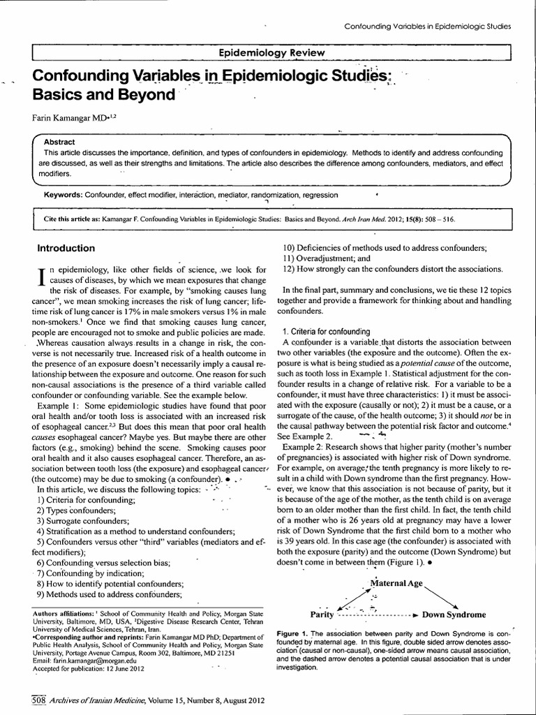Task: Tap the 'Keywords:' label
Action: coord(63,195)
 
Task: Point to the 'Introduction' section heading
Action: coord(66,248)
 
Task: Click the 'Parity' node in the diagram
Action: coord(322,614)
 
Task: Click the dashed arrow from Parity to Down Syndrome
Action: coord(377,615)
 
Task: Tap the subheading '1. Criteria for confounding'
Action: coord(327,330)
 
